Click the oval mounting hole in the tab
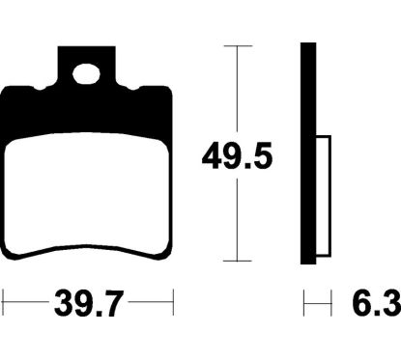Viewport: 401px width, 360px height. pyautogui.click(x=86, y=74)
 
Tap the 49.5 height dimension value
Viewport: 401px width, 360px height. pyautogui.click(x=237, y=157)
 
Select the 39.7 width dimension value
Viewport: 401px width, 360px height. pyautogui.click(x=89, y=303)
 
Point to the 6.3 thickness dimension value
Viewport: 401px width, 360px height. pyautogui.click(x=377, y=303)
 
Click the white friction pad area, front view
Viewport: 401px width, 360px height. pyautogui.click(x=86, y=193)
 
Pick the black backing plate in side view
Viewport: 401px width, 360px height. pyautogui.click(x=308, y=153)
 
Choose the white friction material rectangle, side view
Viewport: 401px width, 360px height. pyautogui.click(x=324, y=196)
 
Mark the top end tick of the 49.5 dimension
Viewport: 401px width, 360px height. pyautogui.click(x=238, y=46)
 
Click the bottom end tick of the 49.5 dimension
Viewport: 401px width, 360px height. pyautogui.click(x=238, y=261)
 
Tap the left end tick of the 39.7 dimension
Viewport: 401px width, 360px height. pyautogui.click(x=3, y=302)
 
